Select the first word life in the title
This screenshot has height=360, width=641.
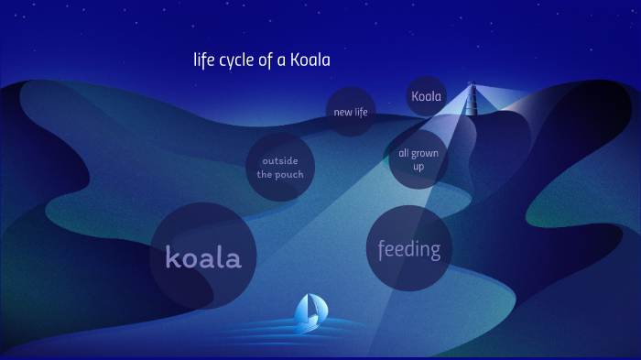[x=202, y=60]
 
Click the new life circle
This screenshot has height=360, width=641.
[x=351, y=112]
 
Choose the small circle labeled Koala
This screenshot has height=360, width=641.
[x=426, y=96]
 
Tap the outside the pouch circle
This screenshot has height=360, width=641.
[x=280, y=168]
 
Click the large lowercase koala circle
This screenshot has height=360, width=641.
[x=203, y=256]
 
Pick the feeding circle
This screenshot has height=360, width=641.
[x=409, y=248]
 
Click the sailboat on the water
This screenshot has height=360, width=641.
[x=310, y=312]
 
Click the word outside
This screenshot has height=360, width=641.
[x=280, y=161]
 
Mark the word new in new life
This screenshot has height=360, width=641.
[x=341, y=112]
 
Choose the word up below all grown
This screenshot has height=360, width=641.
[x=418, y=167]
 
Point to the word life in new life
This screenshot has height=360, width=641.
[x=361, y=112]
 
